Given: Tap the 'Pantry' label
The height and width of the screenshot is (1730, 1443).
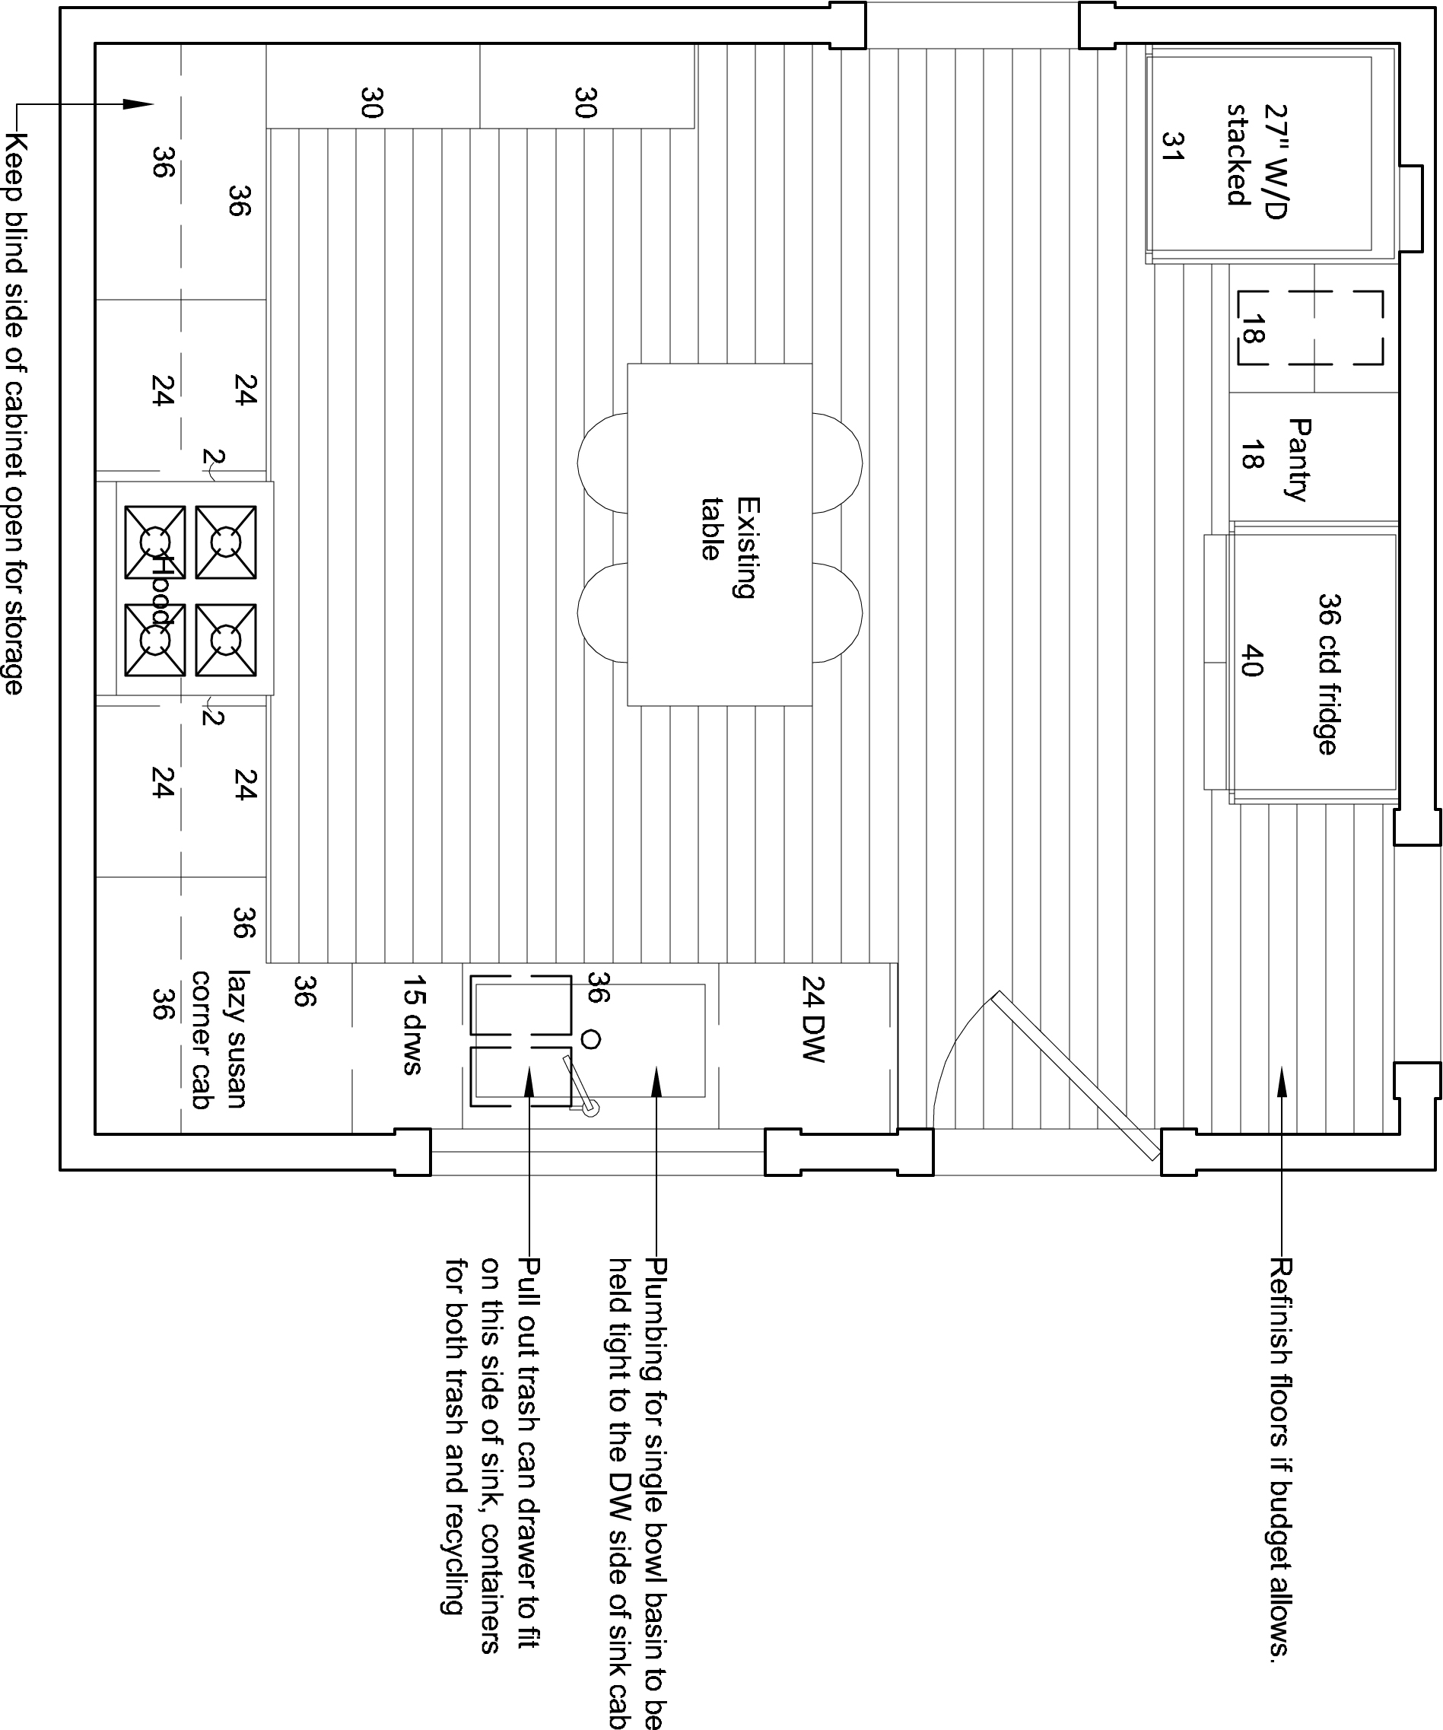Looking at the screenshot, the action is pos(1298,460).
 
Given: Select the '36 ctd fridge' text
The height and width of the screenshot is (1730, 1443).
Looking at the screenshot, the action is pos(1327,674).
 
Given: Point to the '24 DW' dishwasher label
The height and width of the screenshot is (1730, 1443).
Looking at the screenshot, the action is pos(813,1019).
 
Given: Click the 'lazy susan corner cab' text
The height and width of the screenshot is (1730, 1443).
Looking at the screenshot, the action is pos(218,1038).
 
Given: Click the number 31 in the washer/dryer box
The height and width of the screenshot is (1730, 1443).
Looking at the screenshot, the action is pos(1171,146).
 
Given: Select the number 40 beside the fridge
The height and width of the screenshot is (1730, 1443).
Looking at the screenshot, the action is pos(1251,660).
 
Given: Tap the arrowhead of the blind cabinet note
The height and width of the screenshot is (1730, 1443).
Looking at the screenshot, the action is pos(138,105).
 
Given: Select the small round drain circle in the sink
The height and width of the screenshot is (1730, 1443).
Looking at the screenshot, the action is pos(590,1040).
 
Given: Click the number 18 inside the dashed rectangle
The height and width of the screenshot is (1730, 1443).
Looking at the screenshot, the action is pos(1251,329).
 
